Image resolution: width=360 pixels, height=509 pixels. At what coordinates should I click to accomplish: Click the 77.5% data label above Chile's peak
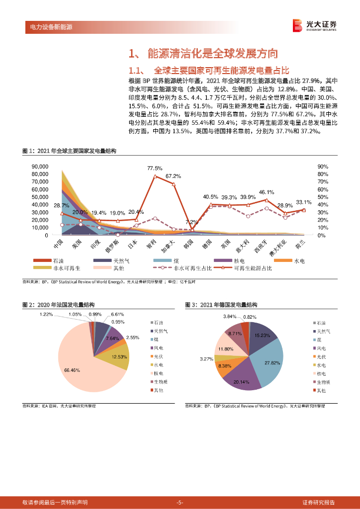pyautogui.click(x=155, y=168)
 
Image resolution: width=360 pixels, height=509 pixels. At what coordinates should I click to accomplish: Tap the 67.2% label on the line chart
pyautogui.click(x=173, y=176)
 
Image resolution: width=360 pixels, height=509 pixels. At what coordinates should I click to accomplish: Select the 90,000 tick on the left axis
pyautogui.click(x=39, y=167)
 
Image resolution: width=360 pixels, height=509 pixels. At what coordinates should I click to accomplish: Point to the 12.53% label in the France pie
pyautogui.click(x=120, y=357)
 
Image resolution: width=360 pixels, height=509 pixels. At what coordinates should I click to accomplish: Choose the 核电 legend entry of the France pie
pyautogui.click(x=158, y=373)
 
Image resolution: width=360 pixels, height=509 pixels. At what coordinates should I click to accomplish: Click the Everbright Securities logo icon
pyautogui.click(x=297, y=25)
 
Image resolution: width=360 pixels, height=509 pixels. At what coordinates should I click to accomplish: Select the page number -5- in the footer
pyautogui.click(x=180, y=503)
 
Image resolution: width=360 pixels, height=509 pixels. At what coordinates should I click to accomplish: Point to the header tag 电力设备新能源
pyautogui.click(x=48, y=27)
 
